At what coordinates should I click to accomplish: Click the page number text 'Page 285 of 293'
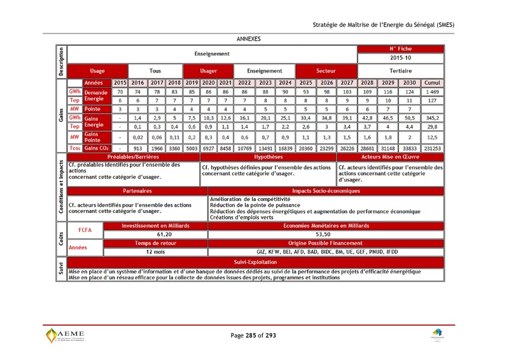253,335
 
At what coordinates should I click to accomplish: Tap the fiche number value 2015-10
401,58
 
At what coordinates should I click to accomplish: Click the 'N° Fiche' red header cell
401,49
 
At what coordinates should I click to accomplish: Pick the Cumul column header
432,83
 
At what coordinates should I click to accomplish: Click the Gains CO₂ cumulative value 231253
432,148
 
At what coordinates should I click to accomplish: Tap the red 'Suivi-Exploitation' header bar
254,261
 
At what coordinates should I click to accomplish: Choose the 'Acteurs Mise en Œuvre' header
390,156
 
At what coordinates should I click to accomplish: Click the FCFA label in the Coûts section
85,230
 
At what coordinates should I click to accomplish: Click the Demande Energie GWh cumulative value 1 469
432,92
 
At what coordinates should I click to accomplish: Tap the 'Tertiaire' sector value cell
401,71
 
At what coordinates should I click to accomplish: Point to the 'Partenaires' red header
138,191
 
